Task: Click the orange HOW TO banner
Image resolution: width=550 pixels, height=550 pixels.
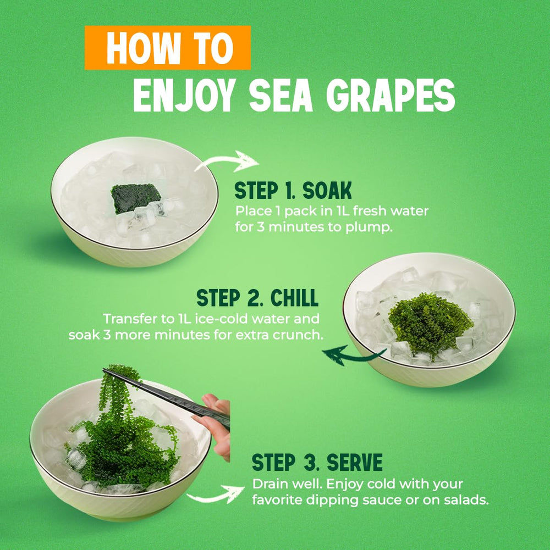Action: click(x=168, y=48)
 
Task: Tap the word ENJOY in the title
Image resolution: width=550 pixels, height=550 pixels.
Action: click(x=184, y=96)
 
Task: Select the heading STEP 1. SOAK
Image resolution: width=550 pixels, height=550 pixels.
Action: click(x=293, y=191)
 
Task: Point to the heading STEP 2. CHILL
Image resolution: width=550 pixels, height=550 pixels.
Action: click(x=257, y=298)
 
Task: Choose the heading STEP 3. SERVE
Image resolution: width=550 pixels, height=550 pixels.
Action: click(x=317, y=462)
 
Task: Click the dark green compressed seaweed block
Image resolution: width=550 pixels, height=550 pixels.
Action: click(x=136, y=197)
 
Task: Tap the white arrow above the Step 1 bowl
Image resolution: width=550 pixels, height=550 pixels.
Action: click(x=227, y=162)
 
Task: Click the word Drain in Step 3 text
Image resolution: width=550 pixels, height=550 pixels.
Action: click(x=269, y=484)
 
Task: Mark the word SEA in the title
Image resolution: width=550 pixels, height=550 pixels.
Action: click(x=280, y=96)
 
